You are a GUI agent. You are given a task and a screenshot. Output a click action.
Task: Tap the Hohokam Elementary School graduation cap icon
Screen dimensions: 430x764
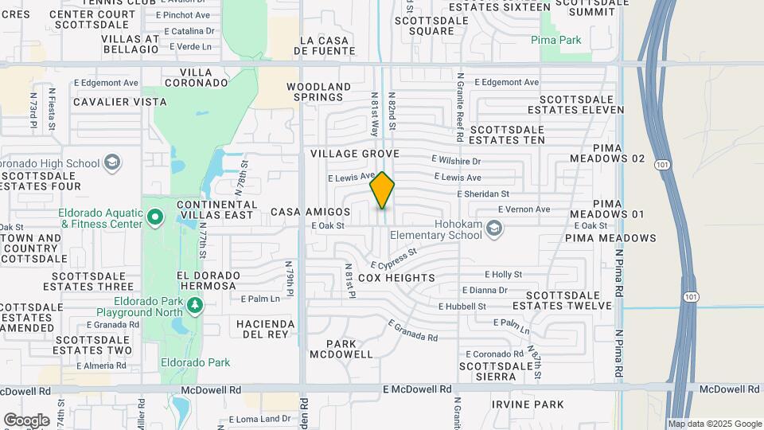[495, 229]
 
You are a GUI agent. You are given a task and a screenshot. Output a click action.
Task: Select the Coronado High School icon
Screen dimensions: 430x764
[112, 163]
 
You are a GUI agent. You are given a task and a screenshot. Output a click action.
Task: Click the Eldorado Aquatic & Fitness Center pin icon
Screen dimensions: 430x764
[156, 217]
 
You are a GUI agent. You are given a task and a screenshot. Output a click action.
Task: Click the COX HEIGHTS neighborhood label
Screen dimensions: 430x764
[396, 278]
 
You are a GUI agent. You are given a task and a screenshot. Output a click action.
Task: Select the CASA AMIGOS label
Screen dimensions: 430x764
[310, 212]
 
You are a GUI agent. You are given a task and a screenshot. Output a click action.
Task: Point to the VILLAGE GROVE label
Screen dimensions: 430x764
[354, 153]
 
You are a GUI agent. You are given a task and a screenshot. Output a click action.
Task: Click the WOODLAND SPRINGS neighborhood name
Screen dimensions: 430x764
[319, 92]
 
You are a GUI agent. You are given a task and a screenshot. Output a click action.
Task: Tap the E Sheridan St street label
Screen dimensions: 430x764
[483, 193]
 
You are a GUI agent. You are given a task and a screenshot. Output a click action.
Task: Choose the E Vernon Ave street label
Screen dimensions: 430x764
[524, 209]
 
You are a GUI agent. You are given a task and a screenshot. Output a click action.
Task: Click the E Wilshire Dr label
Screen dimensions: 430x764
[467, 161]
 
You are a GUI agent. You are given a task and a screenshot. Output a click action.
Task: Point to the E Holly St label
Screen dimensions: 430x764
[502, 274]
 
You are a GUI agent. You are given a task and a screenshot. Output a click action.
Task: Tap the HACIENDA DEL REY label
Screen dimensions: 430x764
[265, 329]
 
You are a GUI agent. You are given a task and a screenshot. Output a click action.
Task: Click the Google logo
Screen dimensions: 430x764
[26, 420]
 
